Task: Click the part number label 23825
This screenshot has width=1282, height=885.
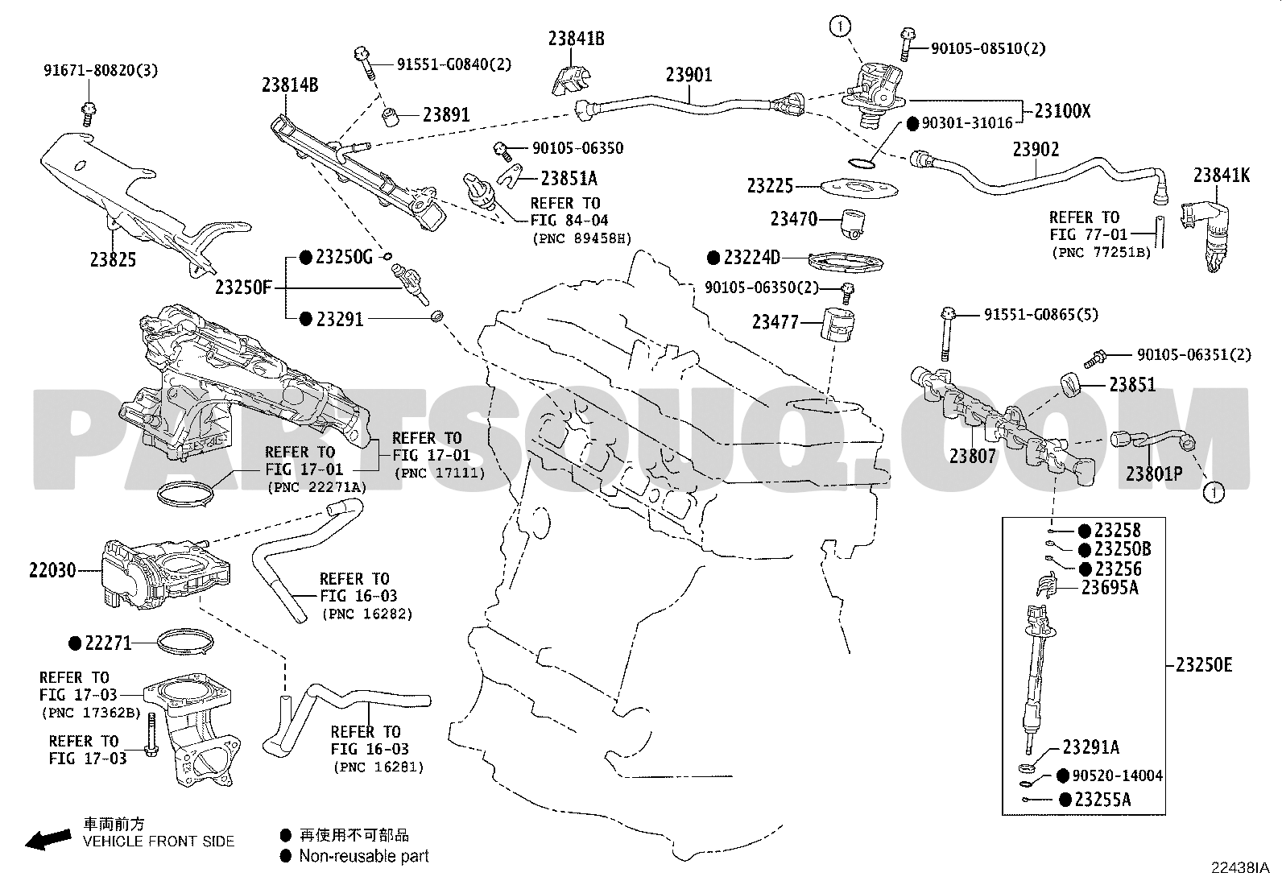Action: (113, 259)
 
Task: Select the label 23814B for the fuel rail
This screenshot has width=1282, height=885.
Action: (290, 84)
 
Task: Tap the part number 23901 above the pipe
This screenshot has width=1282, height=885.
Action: (689, 75)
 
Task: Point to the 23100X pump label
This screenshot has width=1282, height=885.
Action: (1061, 111)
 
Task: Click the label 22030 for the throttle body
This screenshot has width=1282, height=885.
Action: (52, 571)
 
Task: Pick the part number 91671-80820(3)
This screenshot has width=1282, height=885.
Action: (101, 70)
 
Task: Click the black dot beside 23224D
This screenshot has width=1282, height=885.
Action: (713, 258)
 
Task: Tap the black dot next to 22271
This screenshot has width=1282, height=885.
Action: (75, 643)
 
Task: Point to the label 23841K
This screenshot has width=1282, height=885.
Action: (1222, 175)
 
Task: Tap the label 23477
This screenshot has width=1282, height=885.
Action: (775, 322)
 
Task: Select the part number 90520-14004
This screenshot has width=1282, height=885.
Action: (1117, 775)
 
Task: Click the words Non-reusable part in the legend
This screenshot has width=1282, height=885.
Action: (363, 856)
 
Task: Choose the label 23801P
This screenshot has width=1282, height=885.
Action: (1154, 474)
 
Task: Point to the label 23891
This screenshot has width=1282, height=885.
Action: (446, 114)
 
